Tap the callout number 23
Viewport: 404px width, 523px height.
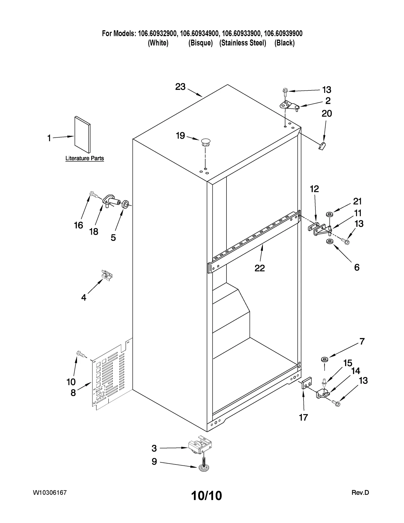(180, 87)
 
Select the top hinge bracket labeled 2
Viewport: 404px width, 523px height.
(289, 105)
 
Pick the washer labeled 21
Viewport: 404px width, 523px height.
(329, 214)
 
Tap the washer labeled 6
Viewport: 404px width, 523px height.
(330, 242)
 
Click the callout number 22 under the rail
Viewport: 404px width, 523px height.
(259, 268)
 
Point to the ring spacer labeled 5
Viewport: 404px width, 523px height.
(125, 204)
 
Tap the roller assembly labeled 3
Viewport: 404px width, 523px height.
(200, 448)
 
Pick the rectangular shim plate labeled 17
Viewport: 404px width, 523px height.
(307, 385)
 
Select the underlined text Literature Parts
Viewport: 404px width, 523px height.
(85, 158)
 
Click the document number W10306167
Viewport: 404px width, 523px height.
(49, 493)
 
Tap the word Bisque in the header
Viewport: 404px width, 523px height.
(200, 43)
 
